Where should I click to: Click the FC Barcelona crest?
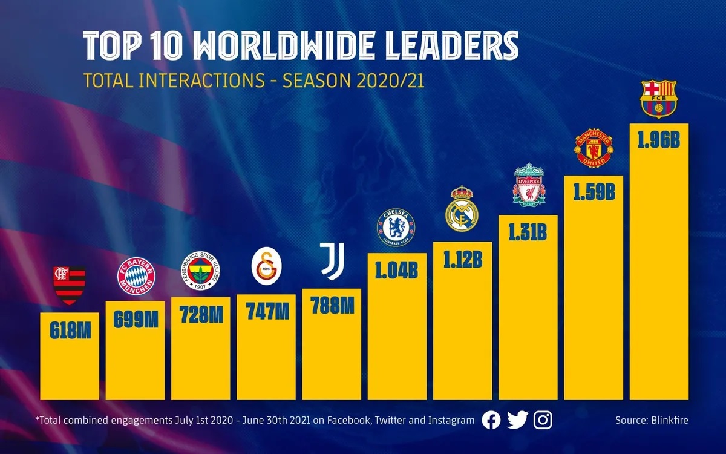tap(659, 100)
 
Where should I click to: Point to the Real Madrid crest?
tap(462, 209)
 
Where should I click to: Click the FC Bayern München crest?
tap(136, 276)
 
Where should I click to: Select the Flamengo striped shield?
tap(70, 284)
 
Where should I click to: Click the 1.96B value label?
tap(659, 140)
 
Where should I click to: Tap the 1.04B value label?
tap(396, 270)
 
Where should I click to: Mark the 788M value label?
tap(332, 306)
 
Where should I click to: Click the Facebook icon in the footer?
tap(491, 420)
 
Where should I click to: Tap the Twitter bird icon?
tap(517, 420)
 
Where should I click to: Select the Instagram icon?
tap(543, 420)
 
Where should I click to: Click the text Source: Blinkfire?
tap(652, 420)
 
